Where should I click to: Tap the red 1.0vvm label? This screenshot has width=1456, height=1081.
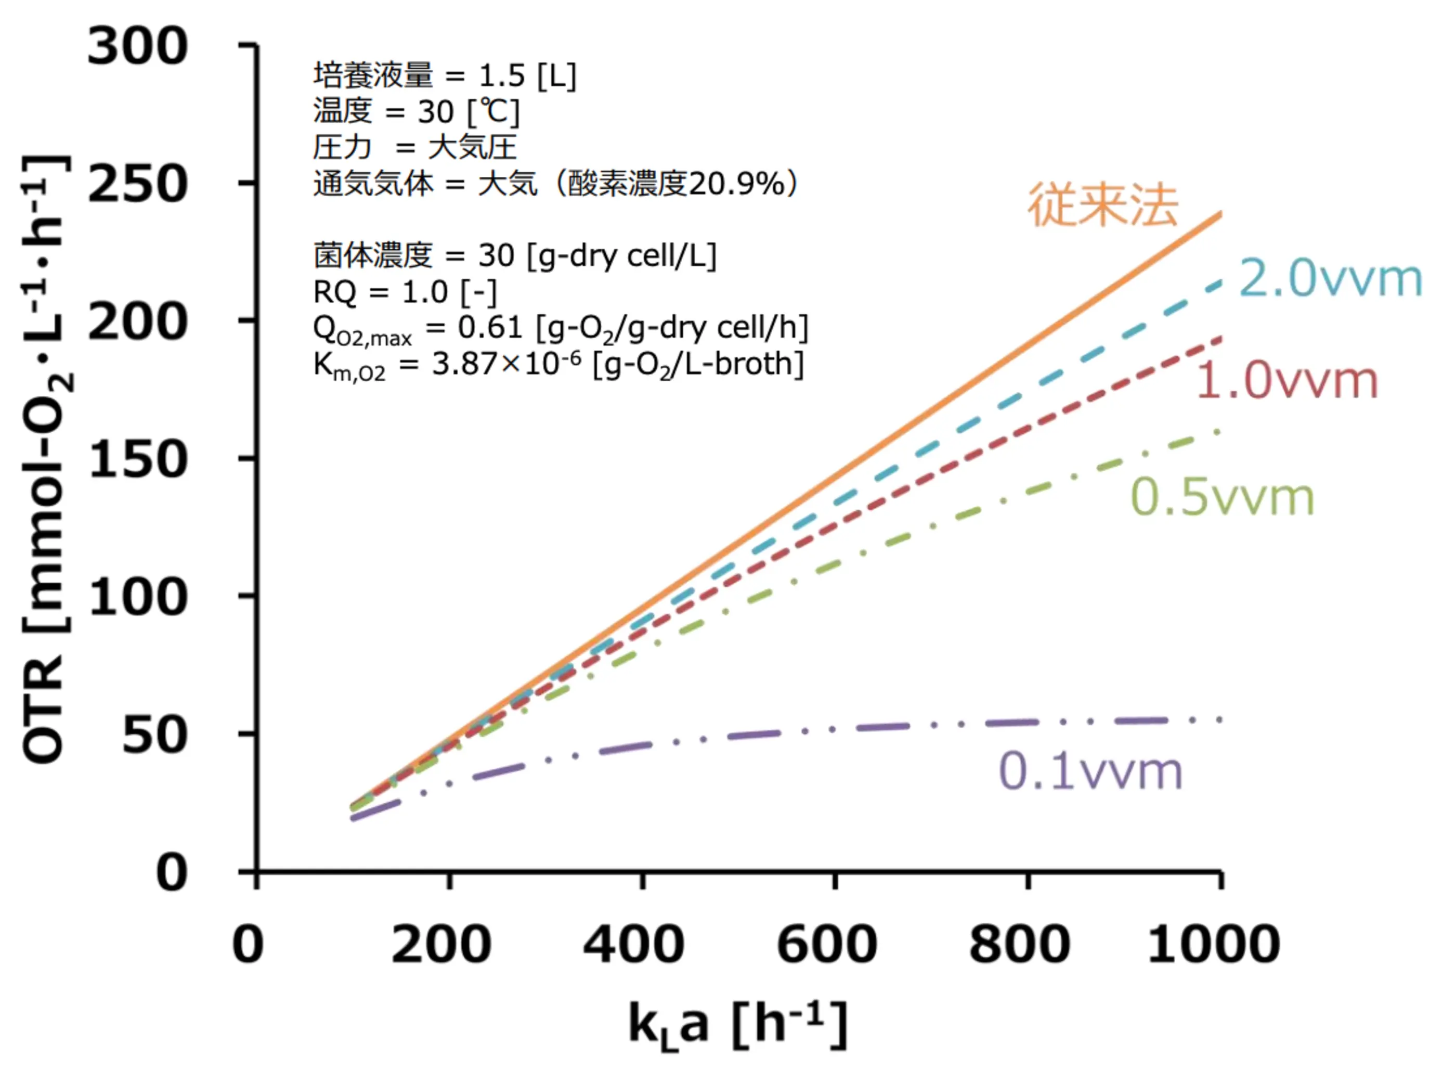1286,381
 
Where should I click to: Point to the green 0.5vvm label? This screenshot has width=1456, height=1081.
1222,497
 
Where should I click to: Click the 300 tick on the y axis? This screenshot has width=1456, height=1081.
137,47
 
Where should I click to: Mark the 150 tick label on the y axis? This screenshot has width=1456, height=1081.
137,460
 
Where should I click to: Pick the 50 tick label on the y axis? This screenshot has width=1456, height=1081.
154,736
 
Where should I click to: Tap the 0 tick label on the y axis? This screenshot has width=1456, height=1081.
172,873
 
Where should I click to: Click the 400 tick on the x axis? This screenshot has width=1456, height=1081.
633,945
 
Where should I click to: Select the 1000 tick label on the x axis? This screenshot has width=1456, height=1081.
1213,945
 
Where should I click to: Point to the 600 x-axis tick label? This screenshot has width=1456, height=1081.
827,945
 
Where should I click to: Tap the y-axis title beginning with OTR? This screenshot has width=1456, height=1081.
46,458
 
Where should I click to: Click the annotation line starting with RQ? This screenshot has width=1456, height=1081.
405,292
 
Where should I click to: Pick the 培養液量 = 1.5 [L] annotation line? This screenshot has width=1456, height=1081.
445,76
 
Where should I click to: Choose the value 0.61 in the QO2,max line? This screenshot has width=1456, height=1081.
490,327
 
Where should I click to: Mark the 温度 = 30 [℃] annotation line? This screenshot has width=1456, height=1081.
416,112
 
